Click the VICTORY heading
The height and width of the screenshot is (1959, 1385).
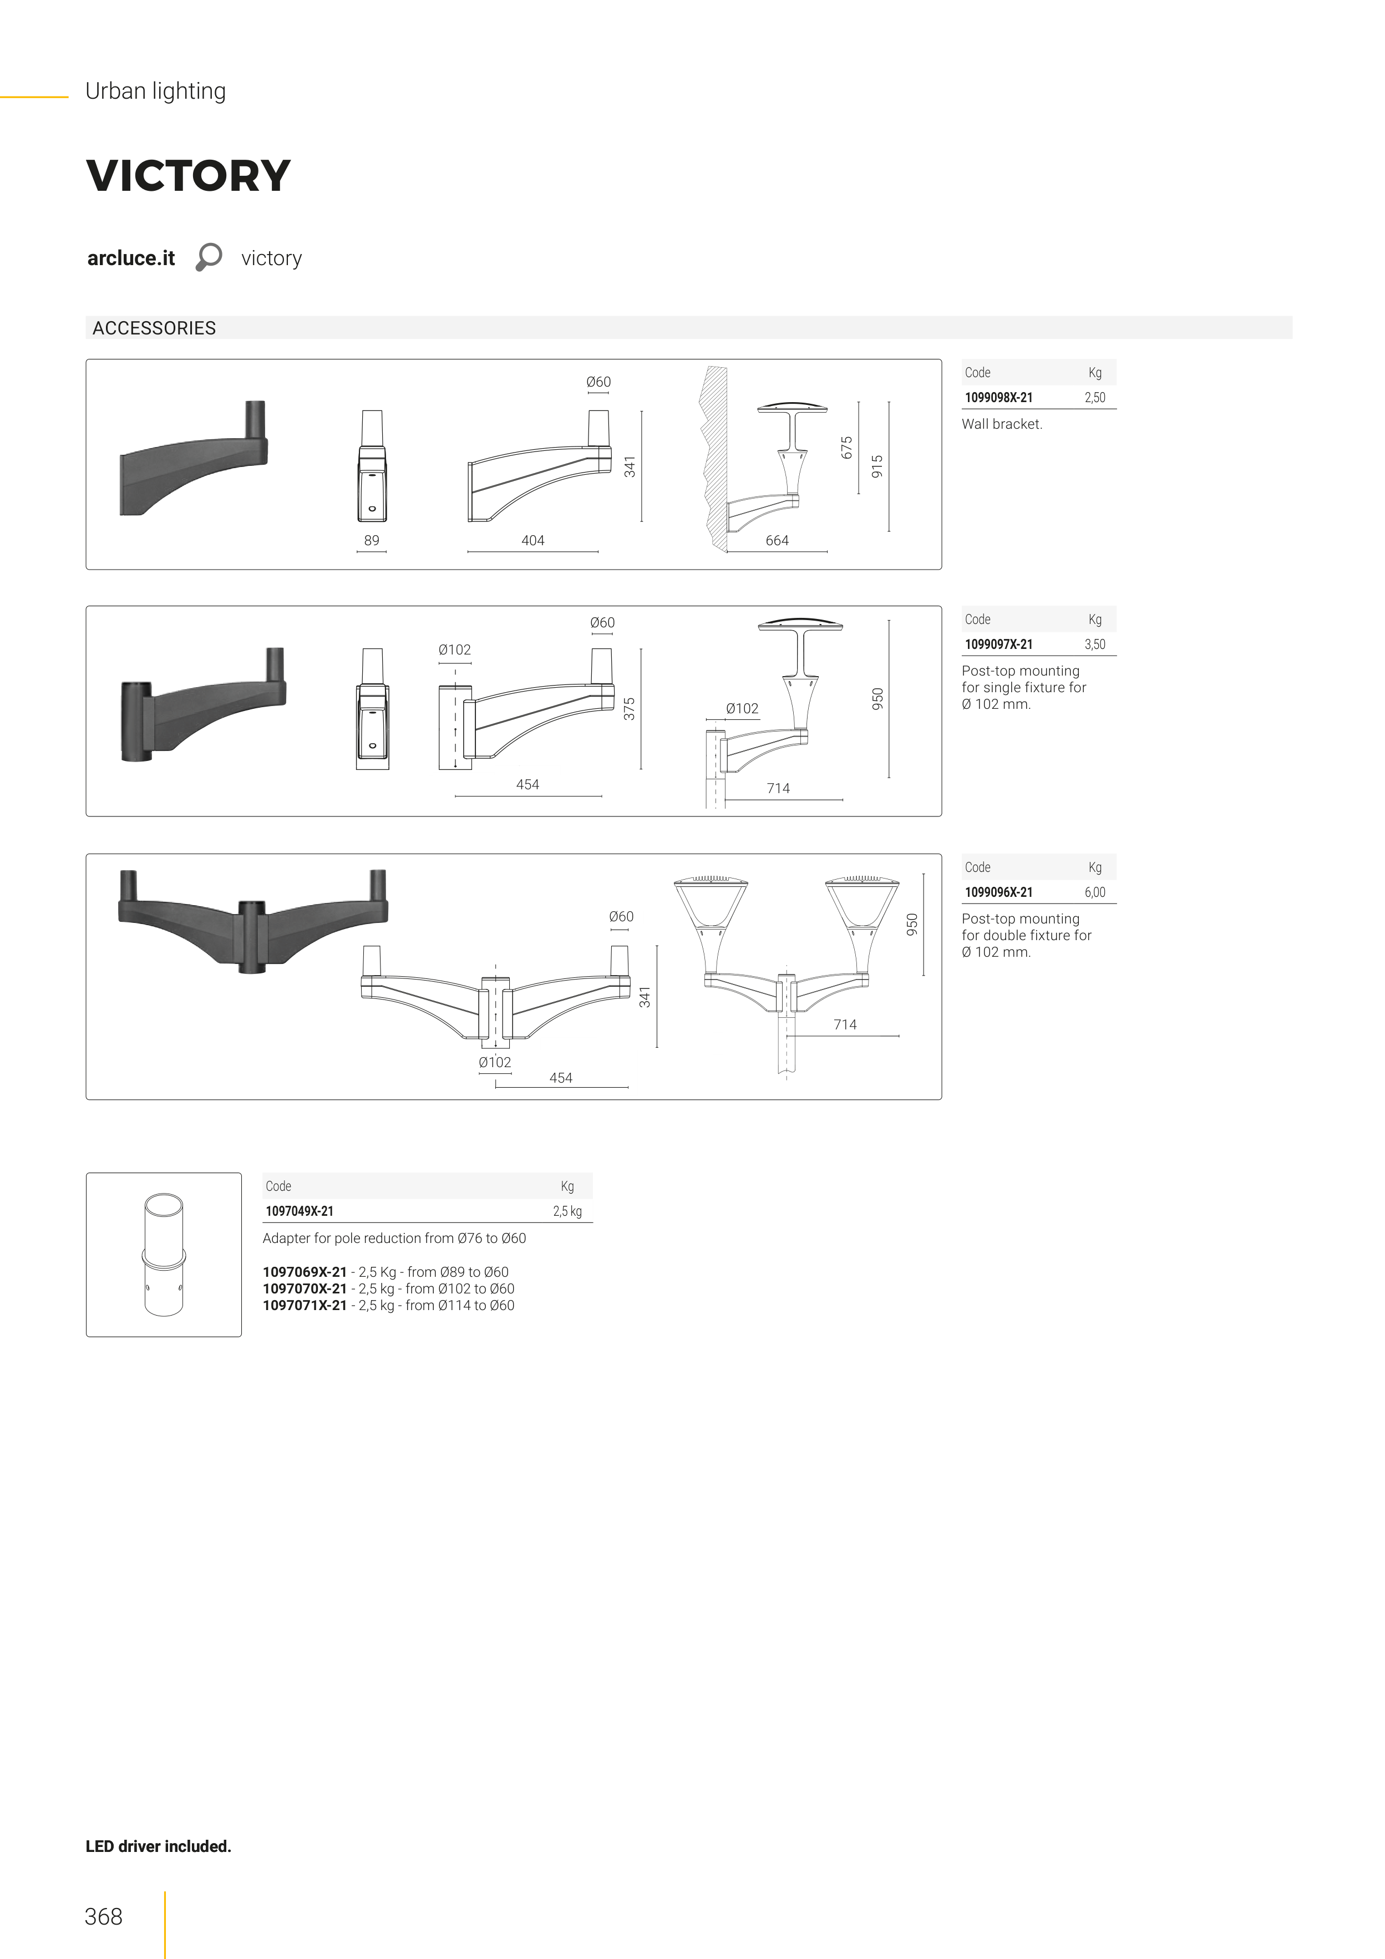click(189, 176)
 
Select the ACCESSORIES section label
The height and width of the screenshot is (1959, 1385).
click(154, 328)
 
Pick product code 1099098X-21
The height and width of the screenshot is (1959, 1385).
click(998, 398)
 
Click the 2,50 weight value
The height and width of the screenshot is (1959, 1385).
click(1095, 398)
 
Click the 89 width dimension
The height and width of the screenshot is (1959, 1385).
click(371, 540)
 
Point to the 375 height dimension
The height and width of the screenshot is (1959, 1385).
click(630, 709)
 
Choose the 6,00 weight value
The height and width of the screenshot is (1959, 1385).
click(1095, 892)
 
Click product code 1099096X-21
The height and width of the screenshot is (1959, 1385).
click(998, 892)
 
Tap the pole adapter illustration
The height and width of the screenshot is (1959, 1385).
click(164, 1254)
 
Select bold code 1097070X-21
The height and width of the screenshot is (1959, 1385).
click(305, 1288)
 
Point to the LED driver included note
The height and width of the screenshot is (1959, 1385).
click(159, 1846)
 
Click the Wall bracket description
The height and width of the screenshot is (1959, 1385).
click(1002, 424)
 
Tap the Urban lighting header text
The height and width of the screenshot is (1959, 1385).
click(155, 92)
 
